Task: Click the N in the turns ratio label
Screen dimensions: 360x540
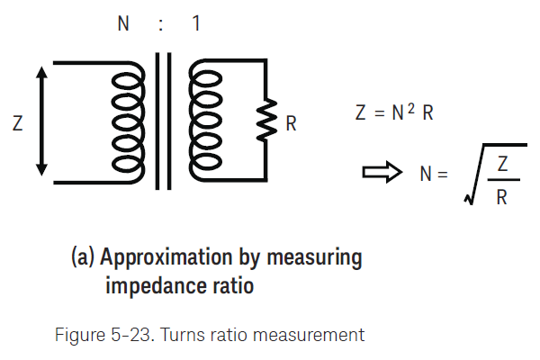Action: [x=123, y=23]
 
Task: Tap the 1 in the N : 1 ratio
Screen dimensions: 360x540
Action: [x=196, y=23]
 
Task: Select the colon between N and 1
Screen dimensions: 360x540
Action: [x=161, y=24]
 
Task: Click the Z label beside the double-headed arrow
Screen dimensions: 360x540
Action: [x=17, y=124]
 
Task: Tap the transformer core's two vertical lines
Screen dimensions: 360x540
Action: [x=163, y=121]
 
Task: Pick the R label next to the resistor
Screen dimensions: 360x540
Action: [x=291, y=125]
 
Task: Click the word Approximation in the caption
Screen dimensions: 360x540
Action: [x=158, y=257]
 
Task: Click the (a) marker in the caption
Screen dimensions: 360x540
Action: [x=84, y=257]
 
